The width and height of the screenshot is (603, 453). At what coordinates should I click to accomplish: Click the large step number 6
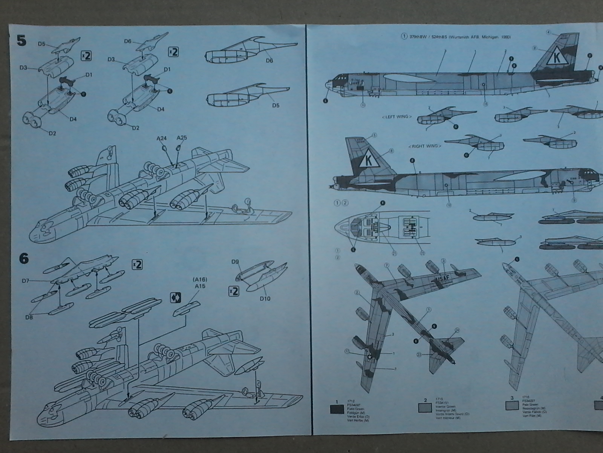click(x=23, y=259)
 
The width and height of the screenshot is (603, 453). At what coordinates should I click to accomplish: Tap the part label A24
click(x=162, y=139)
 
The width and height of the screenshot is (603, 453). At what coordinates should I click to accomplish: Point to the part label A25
click(x=182, y=138)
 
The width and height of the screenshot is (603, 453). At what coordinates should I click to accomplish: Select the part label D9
click(x=236, y=262)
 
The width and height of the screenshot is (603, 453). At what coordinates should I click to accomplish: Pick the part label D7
click(x=26, y=280)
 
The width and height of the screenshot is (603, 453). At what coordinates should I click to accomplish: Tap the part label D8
click(x=29, y=317)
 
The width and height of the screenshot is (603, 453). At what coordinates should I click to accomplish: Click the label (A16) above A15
click(x=200, y=279)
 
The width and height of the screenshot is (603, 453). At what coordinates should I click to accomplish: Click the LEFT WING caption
click(x=396, y=117)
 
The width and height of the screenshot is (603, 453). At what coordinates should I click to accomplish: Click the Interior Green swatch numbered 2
click(x=425, y=407)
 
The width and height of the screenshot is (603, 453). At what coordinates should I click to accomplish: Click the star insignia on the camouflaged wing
click(x=370, y=355)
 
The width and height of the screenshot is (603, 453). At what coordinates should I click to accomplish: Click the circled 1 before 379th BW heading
click(x=404, y=37)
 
